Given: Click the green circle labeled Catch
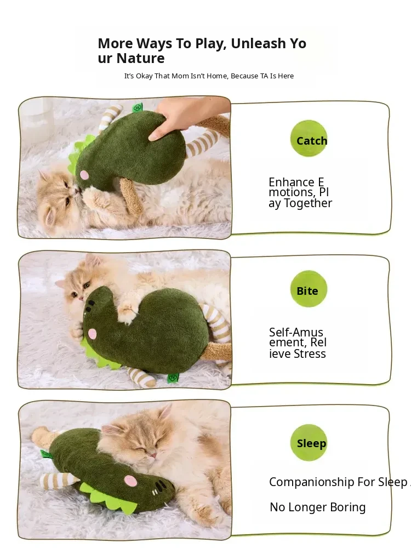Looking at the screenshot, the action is (309, 139).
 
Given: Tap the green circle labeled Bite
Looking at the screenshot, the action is (309, 289).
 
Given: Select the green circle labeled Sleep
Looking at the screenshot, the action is (309, 442).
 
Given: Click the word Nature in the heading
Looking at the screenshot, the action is (140, 58).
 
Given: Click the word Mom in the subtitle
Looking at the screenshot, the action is (179, 76).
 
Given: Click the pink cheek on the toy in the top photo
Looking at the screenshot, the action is (84, 174).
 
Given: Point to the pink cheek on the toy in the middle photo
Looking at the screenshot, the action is (92, 333).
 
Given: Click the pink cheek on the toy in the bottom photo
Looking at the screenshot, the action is (131, 481).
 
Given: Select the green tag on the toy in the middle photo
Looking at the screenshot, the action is (173, 378).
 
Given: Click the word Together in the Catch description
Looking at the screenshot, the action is (307, 203).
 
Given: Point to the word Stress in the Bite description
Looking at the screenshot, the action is (310, 353).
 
